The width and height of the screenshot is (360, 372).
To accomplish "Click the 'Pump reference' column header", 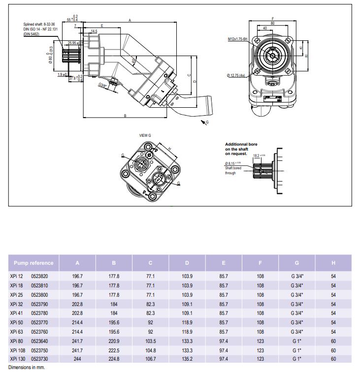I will point(33,263).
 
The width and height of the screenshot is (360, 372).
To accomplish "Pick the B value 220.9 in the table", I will point(114,341).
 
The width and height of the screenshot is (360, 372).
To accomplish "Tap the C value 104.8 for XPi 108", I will point(151,350).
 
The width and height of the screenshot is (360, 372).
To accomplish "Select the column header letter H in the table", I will point(333,263).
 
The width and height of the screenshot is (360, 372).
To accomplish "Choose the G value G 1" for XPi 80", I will point(297,341).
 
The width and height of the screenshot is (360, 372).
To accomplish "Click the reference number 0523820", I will point(40,277).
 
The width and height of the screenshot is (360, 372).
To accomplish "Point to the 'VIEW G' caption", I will point(146,134).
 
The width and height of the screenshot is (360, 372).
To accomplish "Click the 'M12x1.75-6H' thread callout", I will point(238,38).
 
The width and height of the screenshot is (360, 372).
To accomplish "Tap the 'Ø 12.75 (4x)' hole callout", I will point(237,75).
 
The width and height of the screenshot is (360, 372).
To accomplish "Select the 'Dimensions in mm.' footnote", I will point(25,367).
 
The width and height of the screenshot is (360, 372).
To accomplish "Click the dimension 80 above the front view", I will point(272,23).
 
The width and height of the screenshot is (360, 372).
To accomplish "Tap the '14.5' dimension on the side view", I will point(94,31).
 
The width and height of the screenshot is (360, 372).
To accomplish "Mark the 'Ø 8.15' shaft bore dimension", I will point(233,163).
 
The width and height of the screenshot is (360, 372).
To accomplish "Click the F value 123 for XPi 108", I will point(261,350).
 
